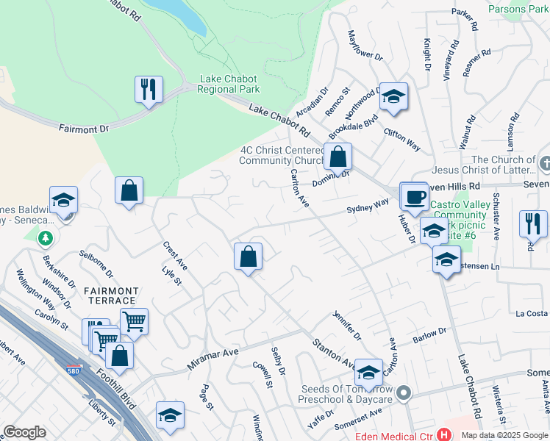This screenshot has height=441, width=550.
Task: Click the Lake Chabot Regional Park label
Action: [x=230, y=84]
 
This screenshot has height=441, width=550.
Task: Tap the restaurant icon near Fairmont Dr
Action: [x=149, y=90]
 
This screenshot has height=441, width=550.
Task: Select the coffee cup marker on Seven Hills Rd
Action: [x=415, y=197]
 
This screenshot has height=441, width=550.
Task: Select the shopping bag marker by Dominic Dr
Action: [x=337, y=157]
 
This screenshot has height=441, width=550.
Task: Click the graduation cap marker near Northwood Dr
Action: [x=393, y=97]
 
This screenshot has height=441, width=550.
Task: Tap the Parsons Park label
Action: [x=518, y=10]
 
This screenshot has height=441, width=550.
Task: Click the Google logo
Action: [x=24, y=432]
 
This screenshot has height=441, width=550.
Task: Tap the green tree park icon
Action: [x=45, y=238]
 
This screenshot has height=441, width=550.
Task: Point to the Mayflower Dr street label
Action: [x=365, y=46]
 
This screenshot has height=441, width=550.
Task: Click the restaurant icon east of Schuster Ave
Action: [x=533, y=224]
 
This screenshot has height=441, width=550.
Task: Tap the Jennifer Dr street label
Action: [x=348, y=325]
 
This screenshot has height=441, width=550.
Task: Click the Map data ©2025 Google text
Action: [x=504, y=435]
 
